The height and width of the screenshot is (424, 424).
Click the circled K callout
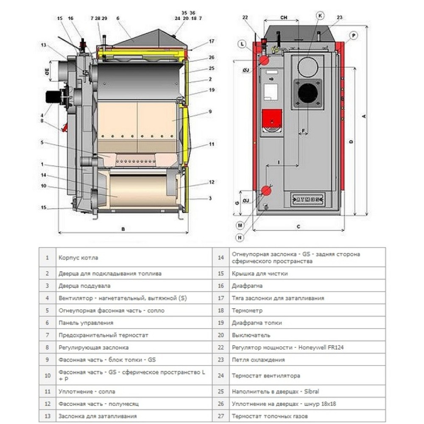(320, 16)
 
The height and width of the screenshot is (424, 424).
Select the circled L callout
(241, 44)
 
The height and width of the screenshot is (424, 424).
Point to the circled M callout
(240, 225)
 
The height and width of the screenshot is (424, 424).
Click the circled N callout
(240, 238)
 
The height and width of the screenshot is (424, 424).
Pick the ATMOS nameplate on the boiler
(307, 198)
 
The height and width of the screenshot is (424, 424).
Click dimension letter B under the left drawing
(123, 229)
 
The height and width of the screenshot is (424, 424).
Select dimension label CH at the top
(284, 17)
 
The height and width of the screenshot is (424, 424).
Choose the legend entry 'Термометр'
(247, 310)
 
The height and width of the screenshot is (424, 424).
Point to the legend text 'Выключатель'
(251, 335)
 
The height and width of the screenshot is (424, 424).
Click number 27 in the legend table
(220, 416)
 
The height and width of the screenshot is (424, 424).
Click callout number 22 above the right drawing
(245, 17)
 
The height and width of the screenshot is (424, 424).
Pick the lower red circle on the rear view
(266, 191)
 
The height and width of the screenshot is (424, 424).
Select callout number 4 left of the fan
(42, 114)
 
